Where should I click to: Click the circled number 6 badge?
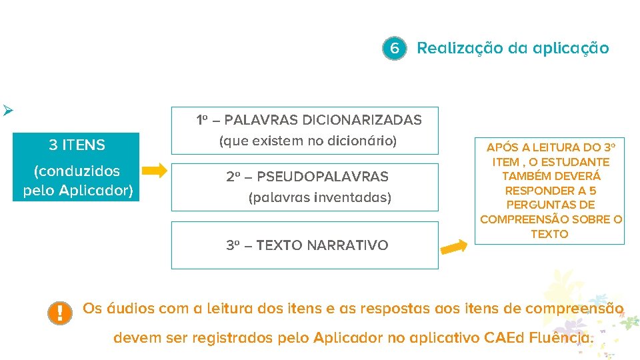[x=395, y=49]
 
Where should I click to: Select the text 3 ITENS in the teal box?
[x=77, y=145]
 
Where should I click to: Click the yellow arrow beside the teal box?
[x=155, y=170]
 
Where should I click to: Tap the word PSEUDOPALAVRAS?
[x=323, y=177]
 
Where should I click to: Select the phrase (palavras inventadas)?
[x=320, y=197]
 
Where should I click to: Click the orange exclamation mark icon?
[x=60, y=313]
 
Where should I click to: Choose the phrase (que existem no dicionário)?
[x=308, y=141]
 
